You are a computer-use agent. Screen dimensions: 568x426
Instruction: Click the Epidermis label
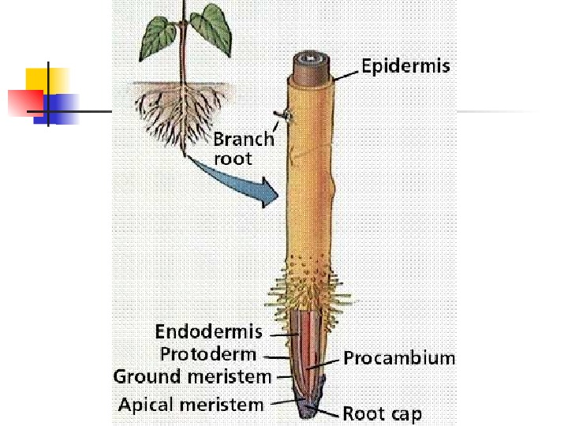(405, 65)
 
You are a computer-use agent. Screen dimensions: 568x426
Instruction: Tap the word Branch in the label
(244, 140)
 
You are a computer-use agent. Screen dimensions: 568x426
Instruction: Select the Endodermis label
(208, 331)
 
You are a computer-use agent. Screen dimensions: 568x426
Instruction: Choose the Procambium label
(399, 358)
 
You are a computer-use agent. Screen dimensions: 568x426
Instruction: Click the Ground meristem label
(192, 377)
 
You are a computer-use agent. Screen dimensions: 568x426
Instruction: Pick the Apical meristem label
(191, 405)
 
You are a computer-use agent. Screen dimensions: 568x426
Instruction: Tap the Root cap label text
(382, 413)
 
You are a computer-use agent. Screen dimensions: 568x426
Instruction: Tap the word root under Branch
(234, 159)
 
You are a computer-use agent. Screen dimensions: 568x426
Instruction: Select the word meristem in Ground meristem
(230, 377)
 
